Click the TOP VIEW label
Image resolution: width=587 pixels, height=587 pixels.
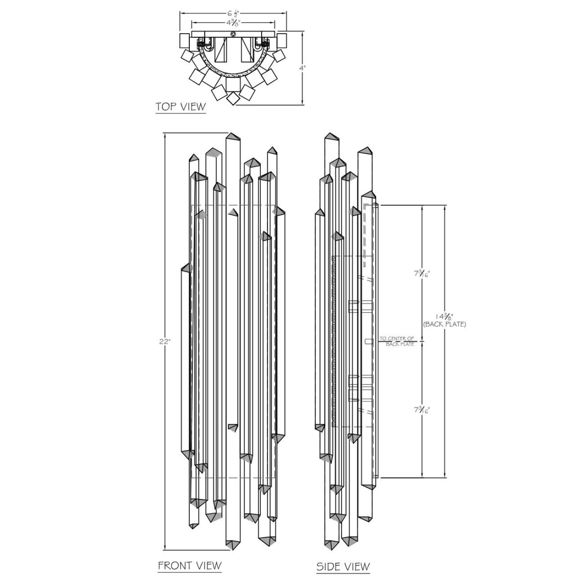click(181, 107)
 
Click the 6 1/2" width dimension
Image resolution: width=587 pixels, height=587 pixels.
click(233, 13)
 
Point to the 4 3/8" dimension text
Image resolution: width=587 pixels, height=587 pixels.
click(233, 23)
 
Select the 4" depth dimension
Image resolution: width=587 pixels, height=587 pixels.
click(302, 68)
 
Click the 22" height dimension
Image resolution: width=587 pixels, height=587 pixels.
click(165, 341)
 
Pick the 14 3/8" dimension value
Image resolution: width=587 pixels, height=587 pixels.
click(445, 316)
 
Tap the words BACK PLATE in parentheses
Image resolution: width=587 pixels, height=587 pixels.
click(445, 324)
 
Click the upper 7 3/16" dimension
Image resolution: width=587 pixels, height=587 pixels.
click(422, 274)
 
